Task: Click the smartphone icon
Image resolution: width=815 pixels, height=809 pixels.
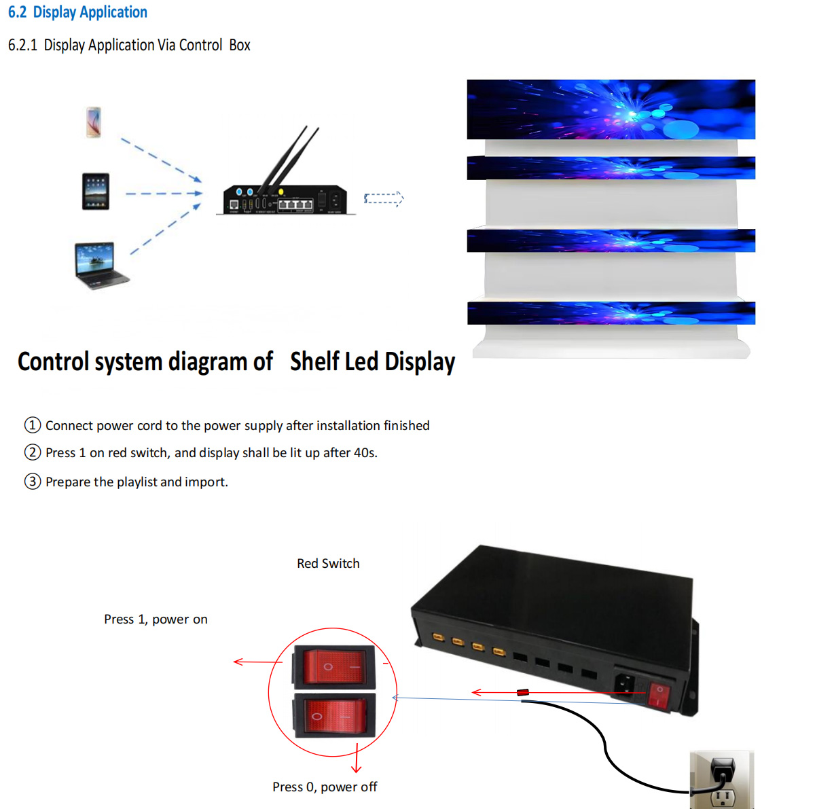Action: (x=94, y=122)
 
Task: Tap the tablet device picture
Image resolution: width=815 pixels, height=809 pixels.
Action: (x=96, y=192)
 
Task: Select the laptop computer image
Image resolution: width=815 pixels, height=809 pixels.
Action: (x=100, y=265)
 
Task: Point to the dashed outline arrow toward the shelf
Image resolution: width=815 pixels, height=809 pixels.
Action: (x=384, y=198)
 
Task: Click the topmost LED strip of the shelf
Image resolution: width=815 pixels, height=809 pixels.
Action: (x=611, y=109)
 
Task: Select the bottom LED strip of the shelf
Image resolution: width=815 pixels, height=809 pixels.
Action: (x=611, y=313)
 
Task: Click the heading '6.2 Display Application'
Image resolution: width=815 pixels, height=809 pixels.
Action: (x=77, y=12)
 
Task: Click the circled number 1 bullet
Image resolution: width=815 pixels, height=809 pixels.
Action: (x=33, y=425)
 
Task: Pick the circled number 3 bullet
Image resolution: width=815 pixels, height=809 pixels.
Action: (x=33, y=482)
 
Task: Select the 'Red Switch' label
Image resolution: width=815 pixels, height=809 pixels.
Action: (x=328, y=564)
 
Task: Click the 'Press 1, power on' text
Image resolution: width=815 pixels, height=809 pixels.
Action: (x=156, y=619)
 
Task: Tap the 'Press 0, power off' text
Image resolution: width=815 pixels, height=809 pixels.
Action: (x=325, y=787)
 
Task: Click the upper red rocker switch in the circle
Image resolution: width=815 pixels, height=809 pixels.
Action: (x=334, y=666)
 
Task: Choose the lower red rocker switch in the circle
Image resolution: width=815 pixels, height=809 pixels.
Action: (x=334, y=715)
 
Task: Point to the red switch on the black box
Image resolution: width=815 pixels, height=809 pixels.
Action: (x=658, y=696)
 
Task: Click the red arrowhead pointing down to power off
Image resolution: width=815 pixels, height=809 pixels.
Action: (x=357, y=768)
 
